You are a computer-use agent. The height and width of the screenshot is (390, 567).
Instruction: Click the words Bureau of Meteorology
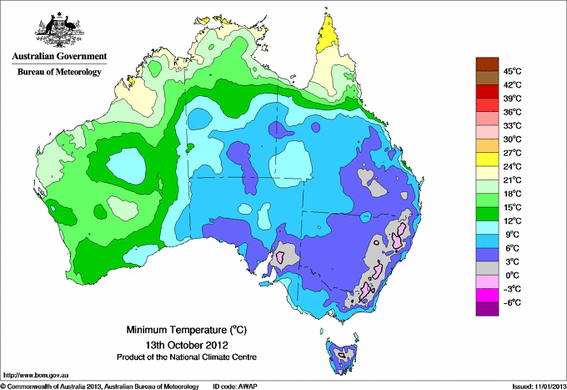click(x=59, y=72)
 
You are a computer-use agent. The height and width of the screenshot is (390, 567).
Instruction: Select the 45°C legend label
click(x=510, y=71)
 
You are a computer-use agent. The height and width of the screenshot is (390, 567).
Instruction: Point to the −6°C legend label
click(x=509, y=302)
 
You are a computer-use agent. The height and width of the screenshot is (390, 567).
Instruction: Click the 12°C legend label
click(x=510, y=220)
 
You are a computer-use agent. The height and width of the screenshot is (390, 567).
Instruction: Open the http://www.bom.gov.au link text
click(x=37, y=374)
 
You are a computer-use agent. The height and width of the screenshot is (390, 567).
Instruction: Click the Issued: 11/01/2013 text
click(x=536, y=386)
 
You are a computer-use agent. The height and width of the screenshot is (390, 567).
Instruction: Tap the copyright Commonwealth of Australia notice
click(x=100, y=386)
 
